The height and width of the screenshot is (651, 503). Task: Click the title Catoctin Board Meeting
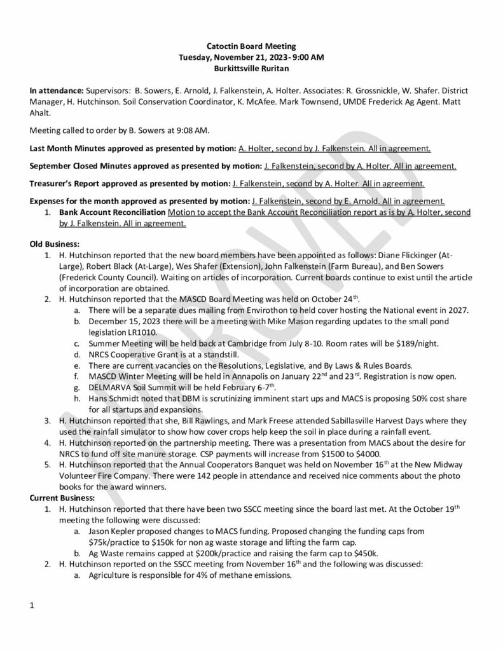click(251, 46)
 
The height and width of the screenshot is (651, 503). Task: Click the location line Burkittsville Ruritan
click(251, 67)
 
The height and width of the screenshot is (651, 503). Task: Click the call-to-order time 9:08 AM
click(191, 130)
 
